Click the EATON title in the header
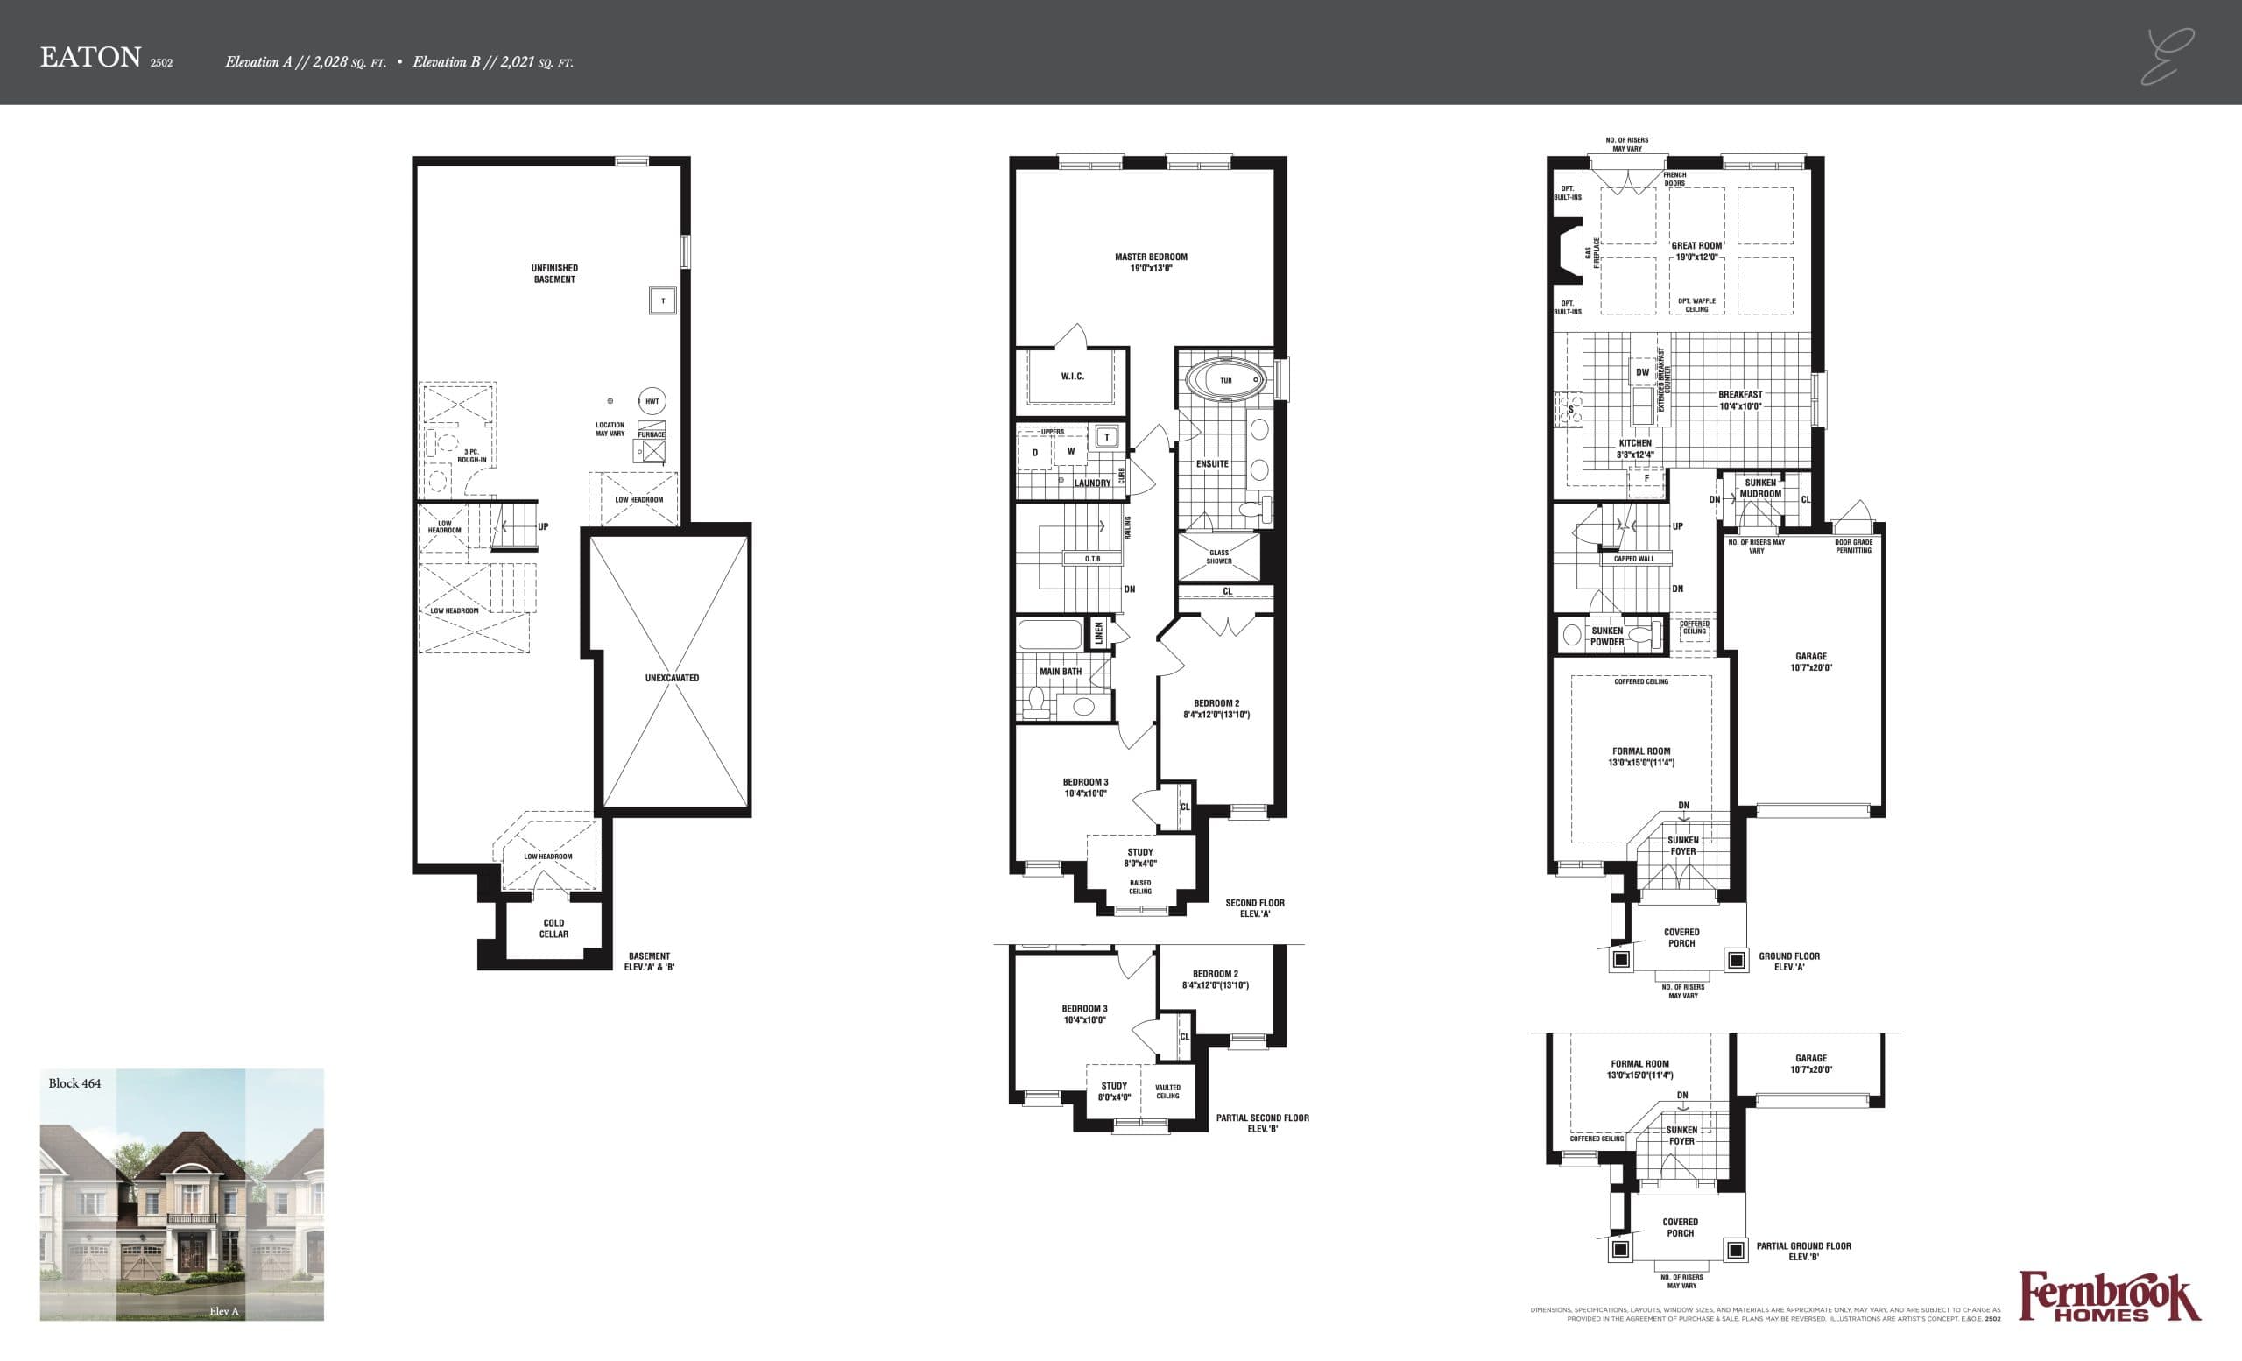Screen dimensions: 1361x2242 point(90,57)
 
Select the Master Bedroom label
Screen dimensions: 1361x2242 point(1150,262)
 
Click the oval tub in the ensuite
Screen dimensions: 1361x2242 point(1224,380)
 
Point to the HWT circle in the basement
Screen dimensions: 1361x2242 point(652,401)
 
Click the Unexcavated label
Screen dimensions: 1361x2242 point(672,678)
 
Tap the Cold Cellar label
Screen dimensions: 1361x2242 point(553,928)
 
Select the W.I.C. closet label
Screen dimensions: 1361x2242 point(1072,376)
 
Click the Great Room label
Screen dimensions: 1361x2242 point(1696,250)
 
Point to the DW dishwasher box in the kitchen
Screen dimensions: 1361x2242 point(1642,372)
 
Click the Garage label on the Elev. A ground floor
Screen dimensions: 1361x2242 point(1811,661)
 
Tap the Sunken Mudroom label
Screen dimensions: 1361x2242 point(1759,489)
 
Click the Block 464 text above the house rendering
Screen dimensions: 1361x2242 point(74,1083)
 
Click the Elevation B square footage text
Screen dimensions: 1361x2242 point(492,63)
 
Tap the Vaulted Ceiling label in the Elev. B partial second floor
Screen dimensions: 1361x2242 point(1167,1090)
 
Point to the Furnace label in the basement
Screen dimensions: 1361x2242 point(652,434)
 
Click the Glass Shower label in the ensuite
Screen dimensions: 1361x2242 point(1218,557)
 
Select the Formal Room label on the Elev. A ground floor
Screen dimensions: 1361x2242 point(1640,757)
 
